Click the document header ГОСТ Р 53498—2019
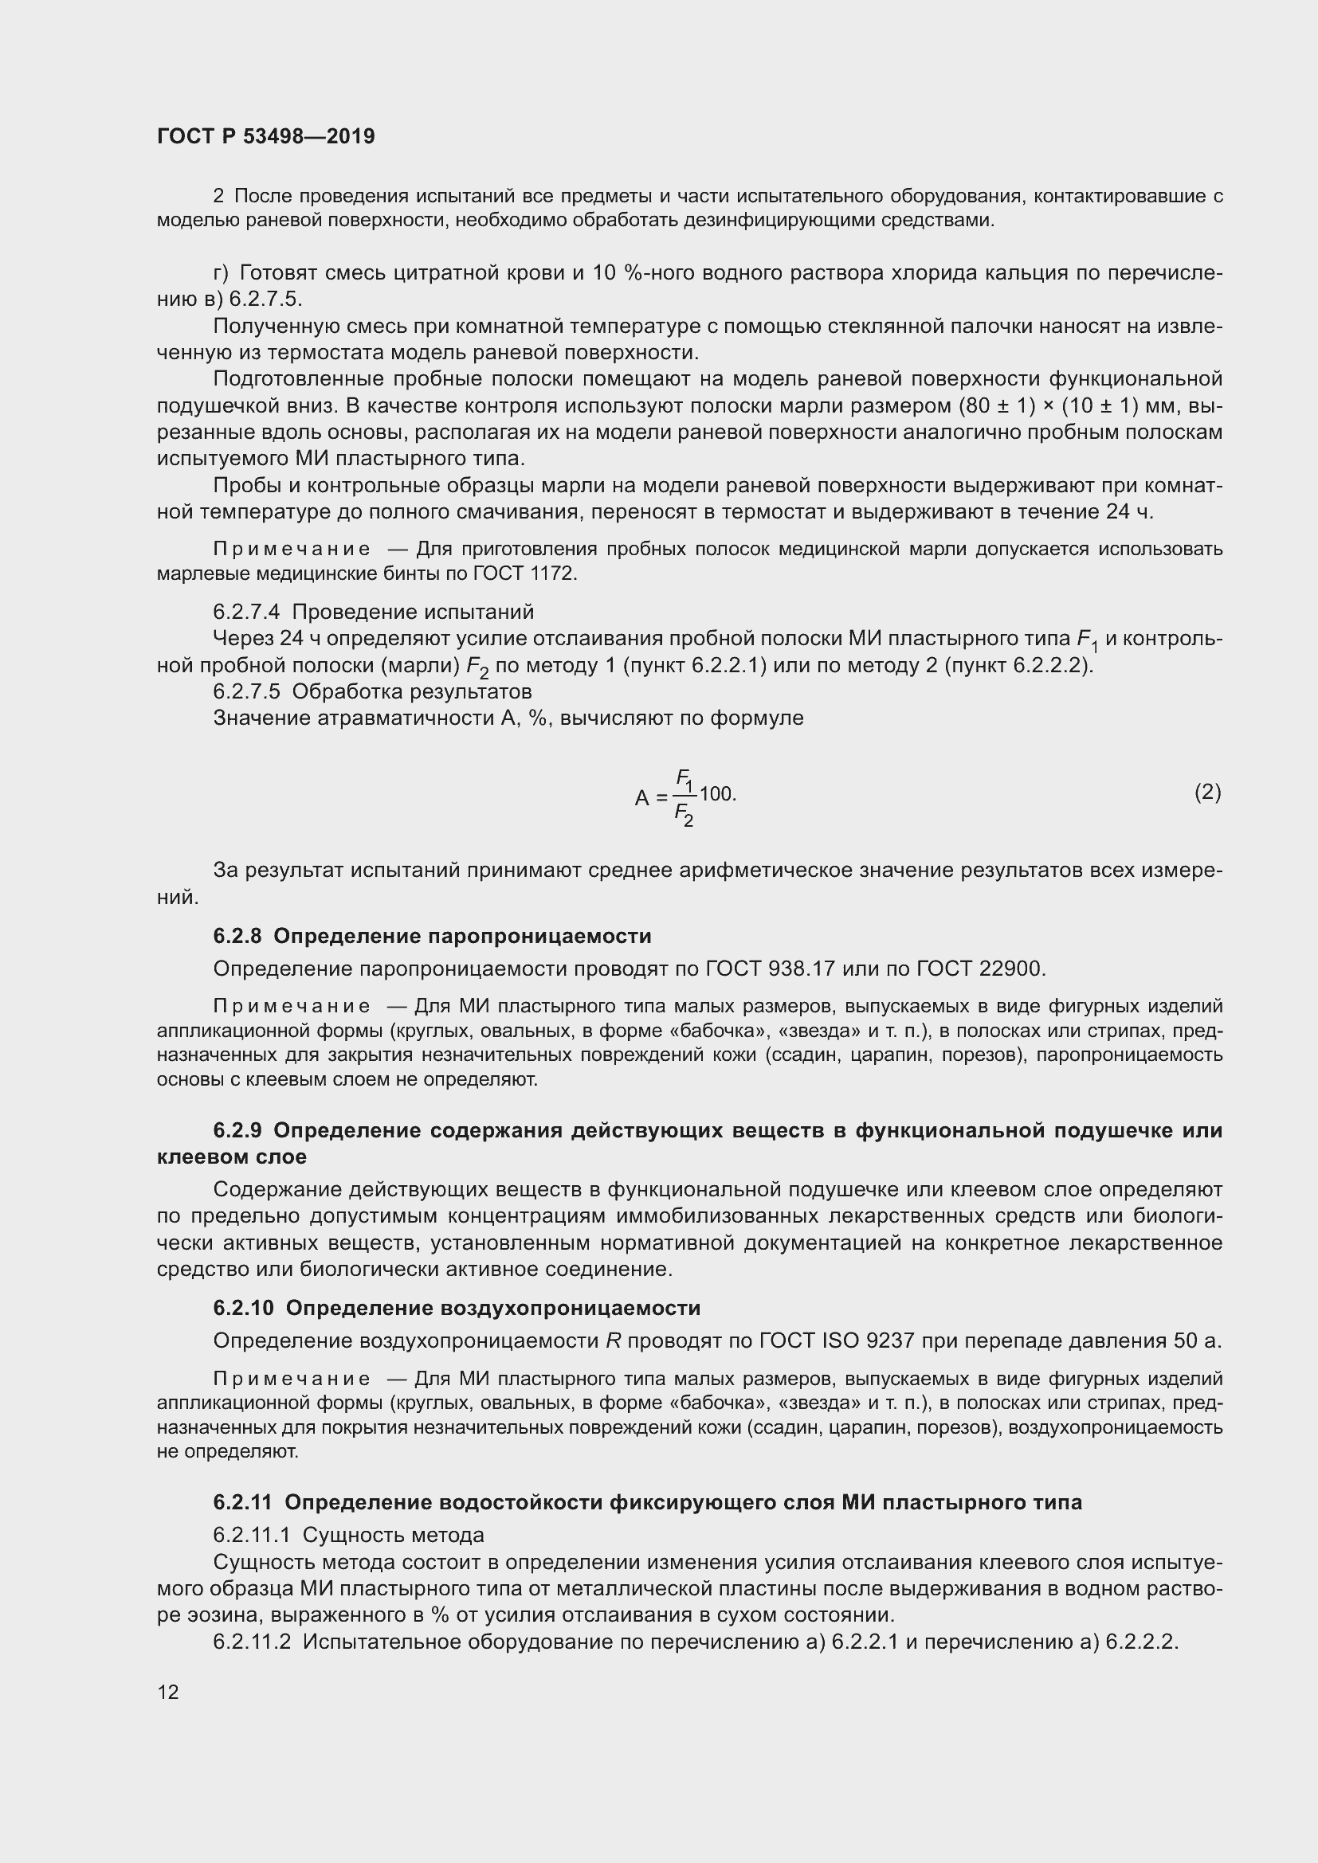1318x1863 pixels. point(265,136)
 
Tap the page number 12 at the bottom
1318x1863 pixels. point(168,1692)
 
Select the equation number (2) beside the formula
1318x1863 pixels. point(1206,792)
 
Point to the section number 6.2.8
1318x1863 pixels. point(237,936)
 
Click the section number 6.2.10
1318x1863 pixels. point(244,1307)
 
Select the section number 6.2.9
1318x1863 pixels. point(237,1130)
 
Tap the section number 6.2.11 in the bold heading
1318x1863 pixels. point(242,1502)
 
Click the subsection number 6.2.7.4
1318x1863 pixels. point(246,611)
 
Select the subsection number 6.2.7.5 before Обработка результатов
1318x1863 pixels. point(246,691)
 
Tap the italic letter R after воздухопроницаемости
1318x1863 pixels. point(613,1340)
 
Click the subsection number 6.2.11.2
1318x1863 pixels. point(252,1641)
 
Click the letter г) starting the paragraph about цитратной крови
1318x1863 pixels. point(221,272)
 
